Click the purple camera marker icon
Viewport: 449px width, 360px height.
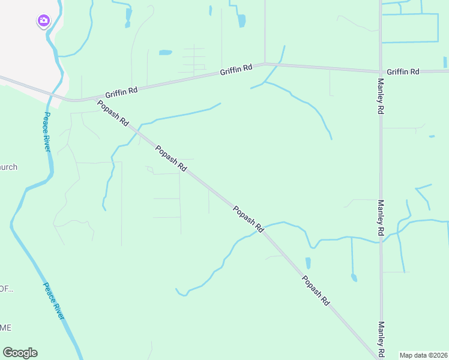(x=43, y=21)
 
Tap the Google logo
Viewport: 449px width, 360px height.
(x=20, y=353)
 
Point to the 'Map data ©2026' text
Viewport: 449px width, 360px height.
(x=423, y=355)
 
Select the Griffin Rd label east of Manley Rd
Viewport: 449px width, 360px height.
(x=403, y=71)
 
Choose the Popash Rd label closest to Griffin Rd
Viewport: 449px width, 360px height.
(x=112, y=112)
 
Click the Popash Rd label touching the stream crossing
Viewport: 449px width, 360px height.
(x=249, y=220)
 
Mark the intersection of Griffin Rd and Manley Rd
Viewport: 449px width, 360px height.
(x=381, y=71)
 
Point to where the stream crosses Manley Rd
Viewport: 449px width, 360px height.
(x=381, y=242)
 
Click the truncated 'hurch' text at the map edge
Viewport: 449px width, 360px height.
(x=8, y=167)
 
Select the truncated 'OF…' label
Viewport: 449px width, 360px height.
(x=6, y=289)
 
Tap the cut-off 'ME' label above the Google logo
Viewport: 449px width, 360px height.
(x=5, y=328)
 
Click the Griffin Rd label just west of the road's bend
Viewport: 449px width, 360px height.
(x=235, y=70)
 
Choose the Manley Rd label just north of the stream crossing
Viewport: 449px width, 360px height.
(x=381, y=217)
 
